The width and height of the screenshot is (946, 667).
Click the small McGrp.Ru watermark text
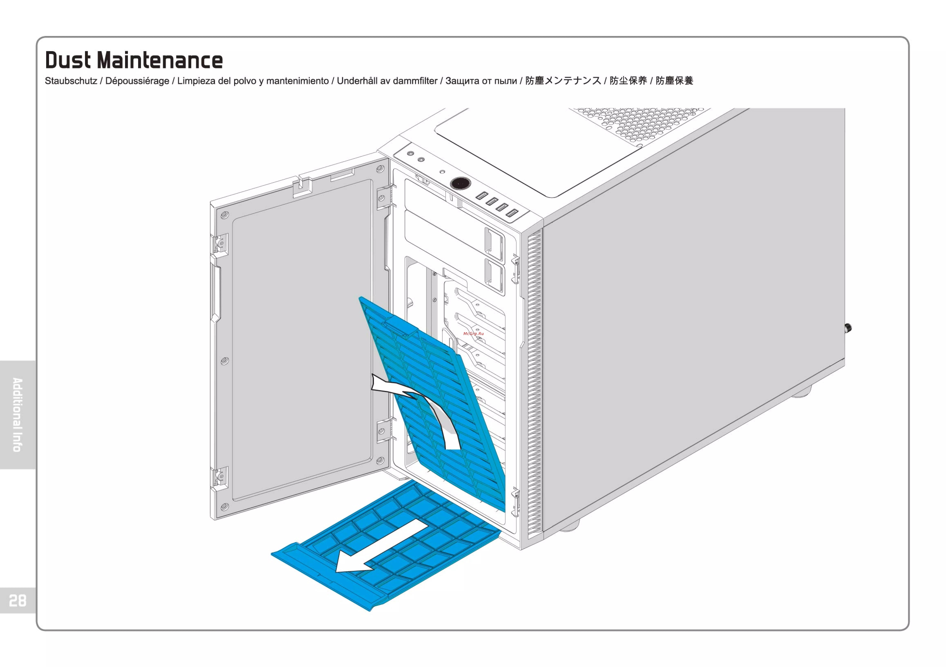(473, 333)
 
